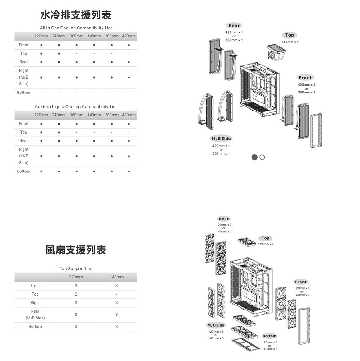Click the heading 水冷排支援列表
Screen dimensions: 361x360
(x=76, y=15)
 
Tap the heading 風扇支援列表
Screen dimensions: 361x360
(x=76, y=250)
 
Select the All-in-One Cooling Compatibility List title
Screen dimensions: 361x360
(x=76, y=28)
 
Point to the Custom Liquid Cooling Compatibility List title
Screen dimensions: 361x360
(x=76, y=106)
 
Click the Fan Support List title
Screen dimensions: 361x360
(x=76, y=268)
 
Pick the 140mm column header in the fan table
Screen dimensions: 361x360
(x=116, y=277)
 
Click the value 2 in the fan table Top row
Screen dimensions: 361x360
(x=76, y=294)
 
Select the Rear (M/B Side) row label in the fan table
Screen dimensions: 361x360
(x=35, y=315)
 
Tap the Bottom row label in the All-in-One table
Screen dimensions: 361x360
(x=23, y=93)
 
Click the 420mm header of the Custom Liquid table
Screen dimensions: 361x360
(x=129, y=115)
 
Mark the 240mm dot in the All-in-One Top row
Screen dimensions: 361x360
(x=59, y=53)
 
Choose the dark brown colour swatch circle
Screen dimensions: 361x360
(x=254, y=157)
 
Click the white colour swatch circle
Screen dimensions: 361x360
(x=263, y=157)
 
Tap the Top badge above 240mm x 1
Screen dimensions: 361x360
(x=290, y=35)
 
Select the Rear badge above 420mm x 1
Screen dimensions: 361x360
(x=234, y=26)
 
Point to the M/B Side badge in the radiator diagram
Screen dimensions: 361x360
(x=221, y=139)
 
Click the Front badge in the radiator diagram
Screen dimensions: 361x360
(x=305, y=78)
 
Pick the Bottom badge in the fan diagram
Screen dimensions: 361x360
(x=269, y=336)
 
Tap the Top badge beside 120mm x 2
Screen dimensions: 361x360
(x=266, y=238)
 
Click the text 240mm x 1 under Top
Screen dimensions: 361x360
(x=290, y=42)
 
